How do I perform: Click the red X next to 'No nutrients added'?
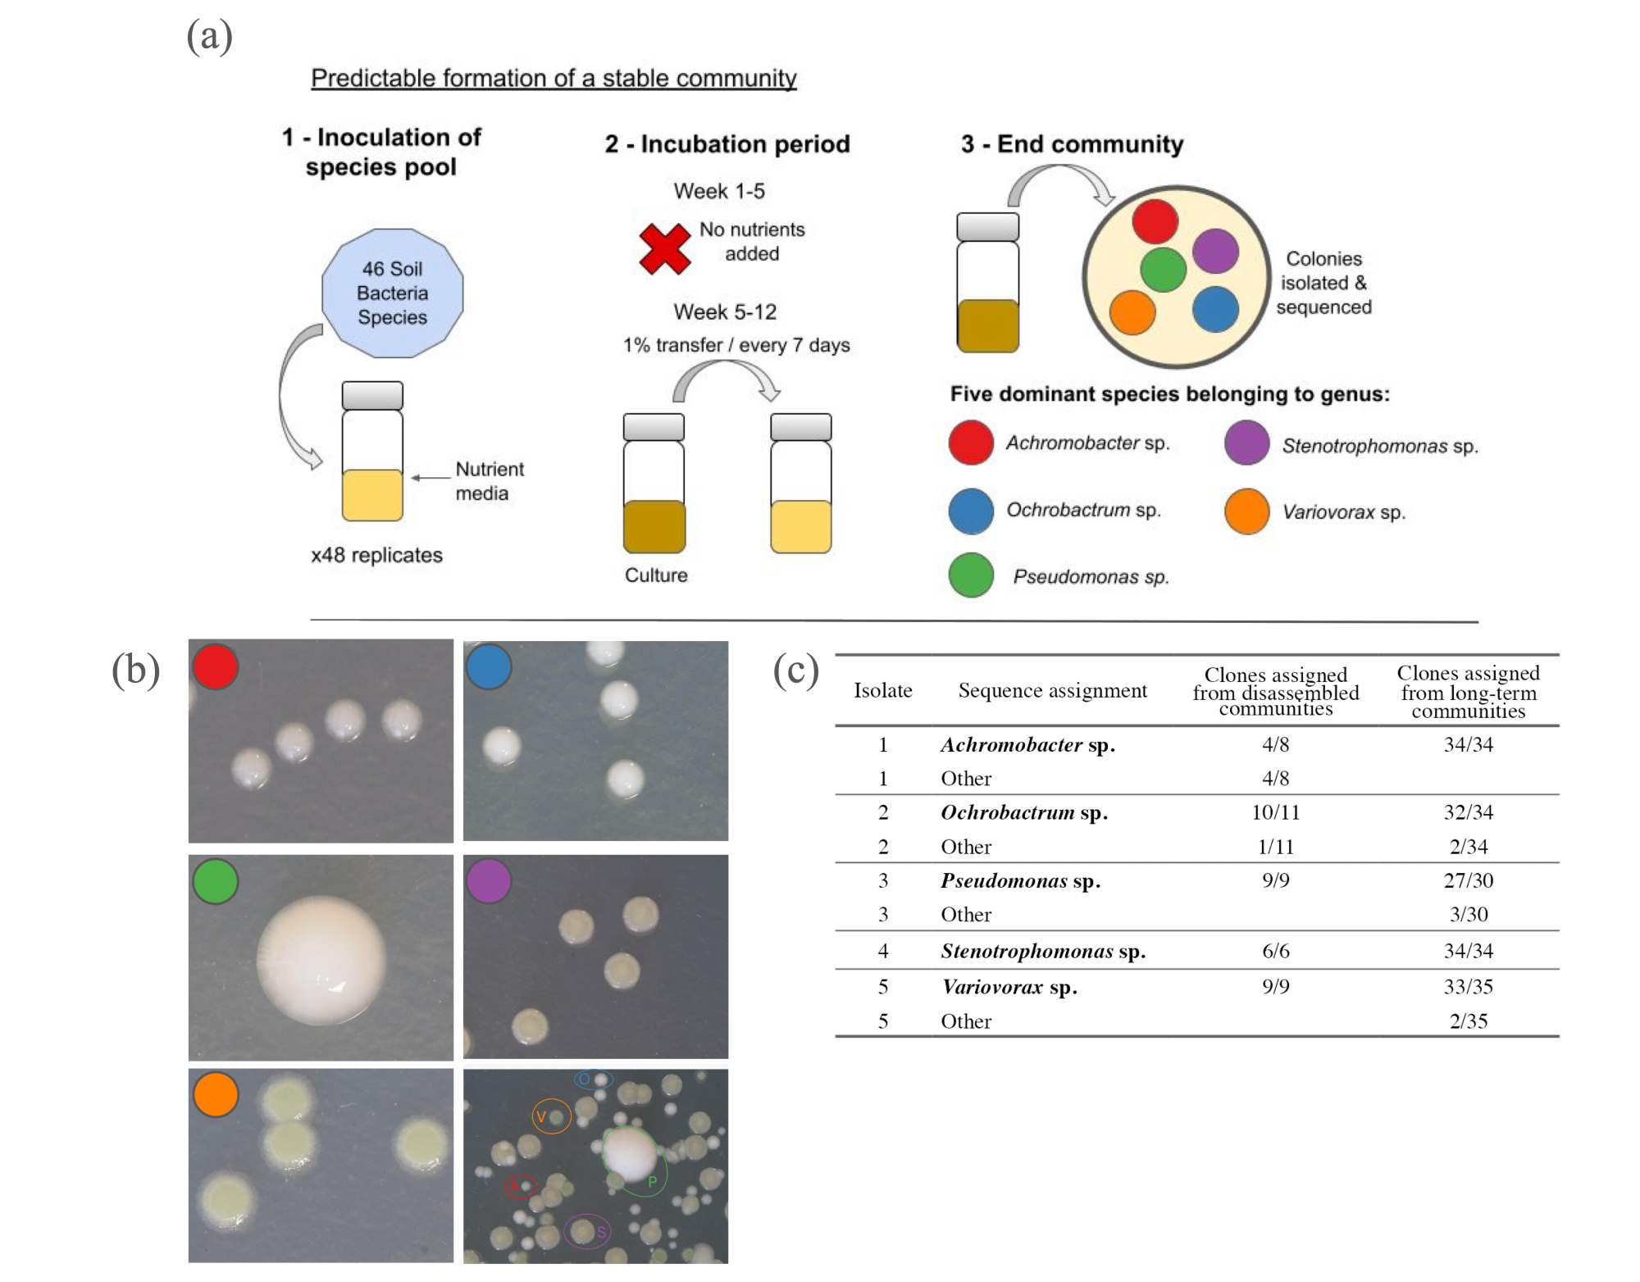pyautogui.click(x=664, y=248)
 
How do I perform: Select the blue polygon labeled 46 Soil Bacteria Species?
pyautogui.click(x=392, y=293)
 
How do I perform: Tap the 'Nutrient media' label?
pyautogui.click(x=489, y=481)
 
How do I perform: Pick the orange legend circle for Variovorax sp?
pyautogui.click(x=1246, y=511)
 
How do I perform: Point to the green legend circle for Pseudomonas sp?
pyautogui.click(x=971, y=575)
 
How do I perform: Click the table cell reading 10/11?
pyautogui.click(x=1275, y=812)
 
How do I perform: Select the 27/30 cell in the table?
pyautogui.click(x=1468, y=880)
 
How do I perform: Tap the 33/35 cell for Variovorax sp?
pyautogui.click(x=1468, y=986)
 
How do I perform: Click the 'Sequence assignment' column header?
pyautogui.click(x=1052, y=690)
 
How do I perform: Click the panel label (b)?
pyautogui.click(x=136, y=670)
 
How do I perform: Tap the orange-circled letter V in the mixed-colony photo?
pyautogui.click(x=541, y=1116)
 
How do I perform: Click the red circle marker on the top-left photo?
pyautogui.click(x=216, y=666)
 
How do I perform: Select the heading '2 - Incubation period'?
pyautogui.click(x=727, y=144)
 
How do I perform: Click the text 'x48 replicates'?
pyautogui.click(x=376, y=555)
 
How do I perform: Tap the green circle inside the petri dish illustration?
pyautogui.click(x=1163, y=270)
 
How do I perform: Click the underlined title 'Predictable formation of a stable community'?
pyautogui.click(x=553, y=78)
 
